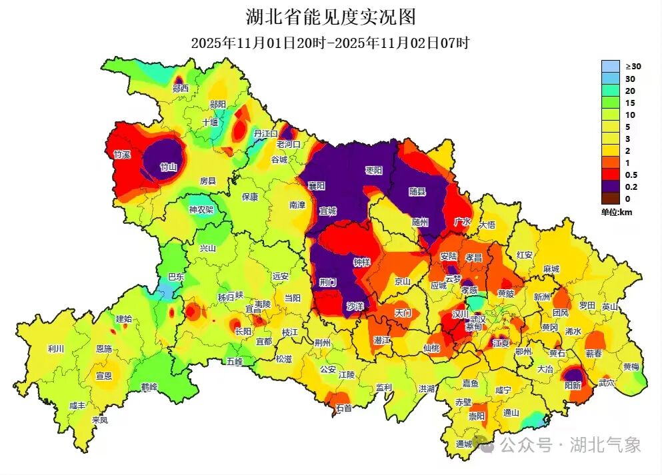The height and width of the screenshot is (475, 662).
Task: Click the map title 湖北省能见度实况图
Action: click(x=331, y=16)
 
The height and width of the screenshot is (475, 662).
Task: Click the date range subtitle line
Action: click(x=331, y=43)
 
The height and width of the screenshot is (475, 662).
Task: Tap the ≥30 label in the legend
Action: click(x=633, y=67)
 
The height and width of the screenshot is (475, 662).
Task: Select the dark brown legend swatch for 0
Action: click(x=610, y=199)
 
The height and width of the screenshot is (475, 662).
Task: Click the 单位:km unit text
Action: click(x=616, y=212)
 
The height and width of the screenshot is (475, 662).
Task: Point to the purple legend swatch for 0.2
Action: click(x=610, y=187)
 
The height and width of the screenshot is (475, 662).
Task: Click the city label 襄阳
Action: click(x=316, y=185)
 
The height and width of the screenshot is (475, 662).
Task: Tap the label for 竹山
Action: click(x=169, y=167)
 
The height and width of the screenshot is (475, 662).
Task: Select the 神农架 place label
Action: click(x=201, y=209)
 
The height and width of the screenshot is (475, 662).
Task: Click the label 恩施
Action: click(x=104, y=348)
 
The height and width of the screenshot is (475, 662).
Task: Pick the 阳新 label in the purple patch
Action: click(x=573, y=385)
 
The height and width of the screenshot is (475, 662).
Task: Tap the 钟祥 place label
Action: click(x=361, y=262)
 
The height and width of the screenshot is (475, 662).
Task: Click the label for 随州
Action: click(x=421, y=222)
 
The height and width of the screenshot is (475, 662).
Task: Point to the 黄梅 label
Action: click(x=631, y=366)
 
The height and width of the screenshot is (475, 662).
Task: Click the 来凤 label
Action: click(x=100, y=420)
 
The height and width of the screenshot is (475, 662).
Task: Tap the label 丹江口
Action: click(x=265, y=134)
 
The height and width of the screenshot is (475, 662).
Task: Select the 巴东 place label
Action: click(x=176, y=276)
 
